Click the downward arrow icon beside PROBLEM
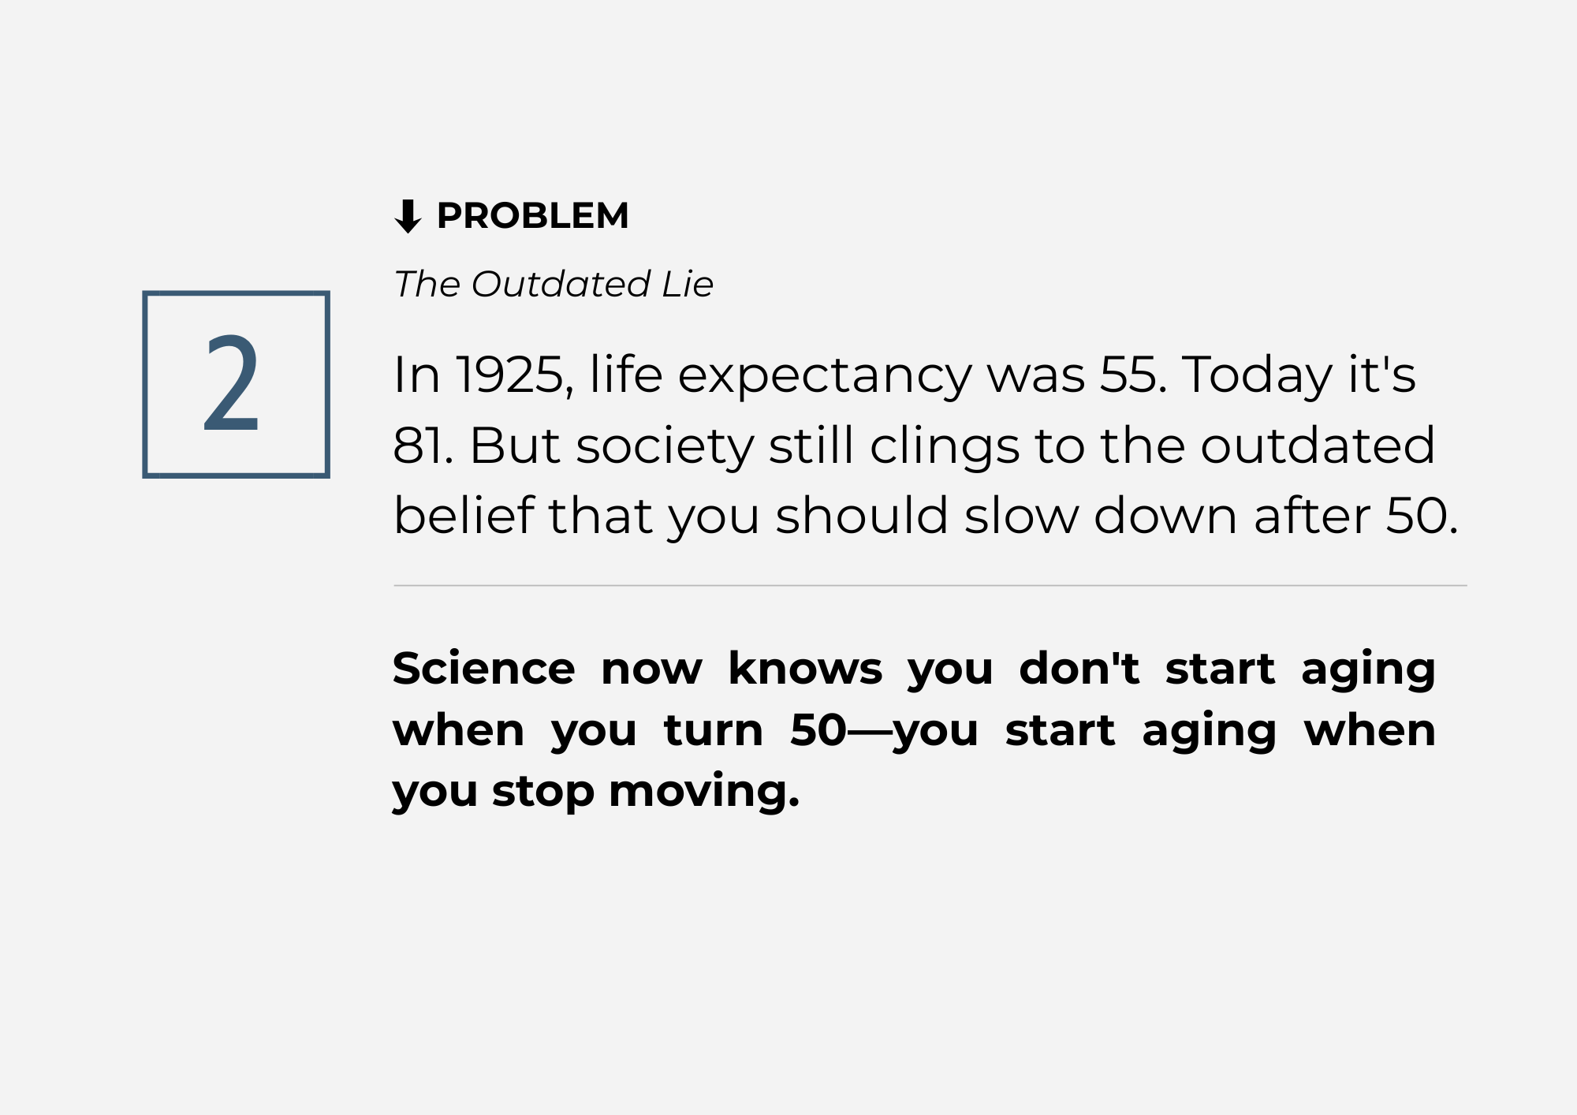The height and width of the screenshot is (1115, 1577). (408, 216)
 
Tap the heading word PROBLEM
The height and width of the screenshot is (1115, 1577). (533, 216)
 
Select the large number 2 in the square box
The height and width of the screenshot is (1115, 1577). (231, 383)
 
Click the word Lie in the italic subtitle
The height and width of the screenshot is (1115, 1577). (688, 284)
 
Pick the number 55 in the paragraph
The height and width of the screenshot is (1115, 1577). (1132, 375)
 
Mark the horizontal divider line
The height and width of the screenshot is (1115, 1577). (930, 586)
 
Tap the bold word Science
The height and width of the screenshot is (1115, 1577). (484, 669)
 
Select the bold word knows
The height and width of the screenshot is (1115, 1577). (805, 669)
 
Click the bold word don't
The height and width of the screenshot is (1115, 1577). (1079, 669)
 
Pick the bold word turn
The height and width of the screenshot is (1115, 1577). (714, 730)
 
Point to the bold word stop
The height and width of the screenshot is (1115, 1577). (543, 793)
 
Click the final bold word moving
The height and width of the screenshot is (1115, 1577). (704, 793)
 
